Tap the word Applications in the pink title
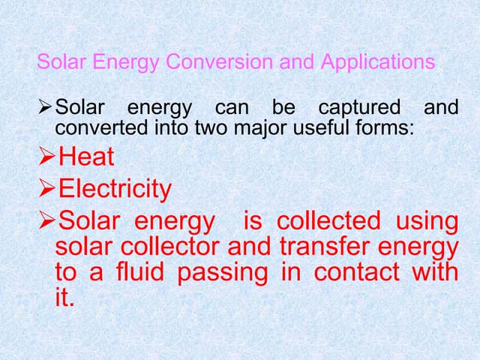tap(378, 61)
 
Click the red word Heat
tap(86, 157)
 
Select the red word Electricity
tap(115, 189)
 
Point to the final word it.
tap(65, 297)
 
